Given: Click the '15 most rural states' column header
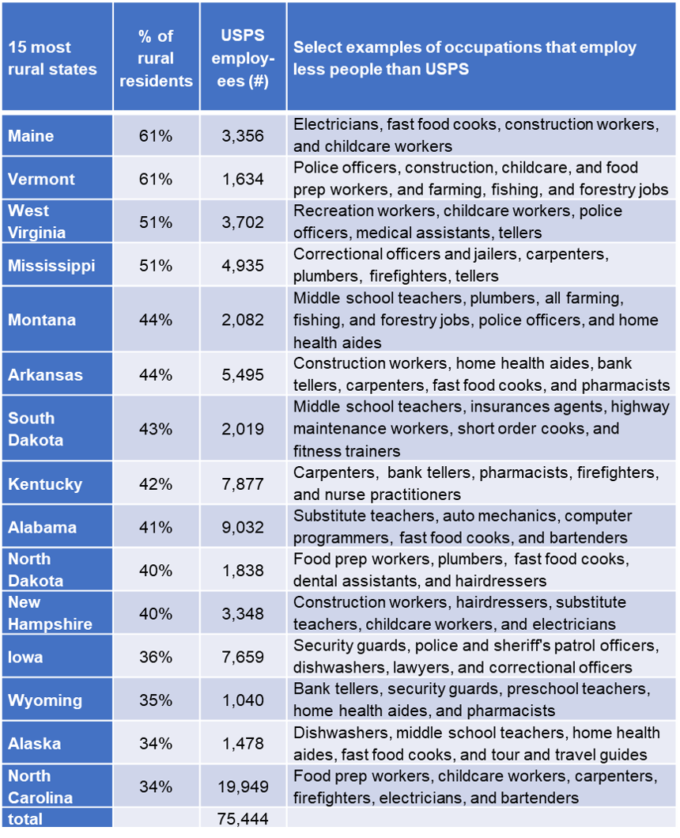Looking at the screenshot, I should pos(52,58).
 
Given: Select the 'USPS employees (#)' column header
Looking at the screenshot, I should pos(243,58).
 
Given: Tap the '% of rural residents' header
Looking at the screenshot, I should pos(156,58).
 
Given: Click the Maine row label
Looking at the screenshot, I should pos(31,136).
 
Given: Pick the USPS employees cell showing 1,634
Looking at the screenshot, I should pos(243,179).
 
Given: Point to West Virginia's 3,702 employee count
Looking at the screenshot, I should pos(243,222).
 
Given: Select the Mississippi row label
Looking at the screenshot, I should pos(51,265).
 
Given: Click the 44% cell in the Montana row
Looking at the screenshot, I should pos(156,320).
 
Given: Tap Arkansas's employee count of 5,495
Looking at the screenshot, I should pos(243,374).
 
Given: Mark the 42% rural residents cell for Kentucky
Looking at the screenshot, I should pos(156,483).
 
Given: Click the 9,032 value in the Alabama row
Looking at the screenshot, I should pos(243,527).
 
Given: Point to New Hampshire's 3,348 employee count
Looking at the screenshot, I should pos(243,613).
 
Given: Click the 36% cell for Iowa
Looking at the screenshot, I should pos(156,657).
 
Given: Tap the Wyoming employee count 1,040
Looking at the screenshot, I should pos(243,700).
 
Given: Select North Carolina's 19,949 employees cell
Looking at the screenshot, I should pos(243,787).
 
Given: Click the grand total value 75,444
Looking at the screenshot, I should pos(243,818).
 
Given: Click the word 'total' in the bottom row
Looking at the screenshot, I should pos(25,818).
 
